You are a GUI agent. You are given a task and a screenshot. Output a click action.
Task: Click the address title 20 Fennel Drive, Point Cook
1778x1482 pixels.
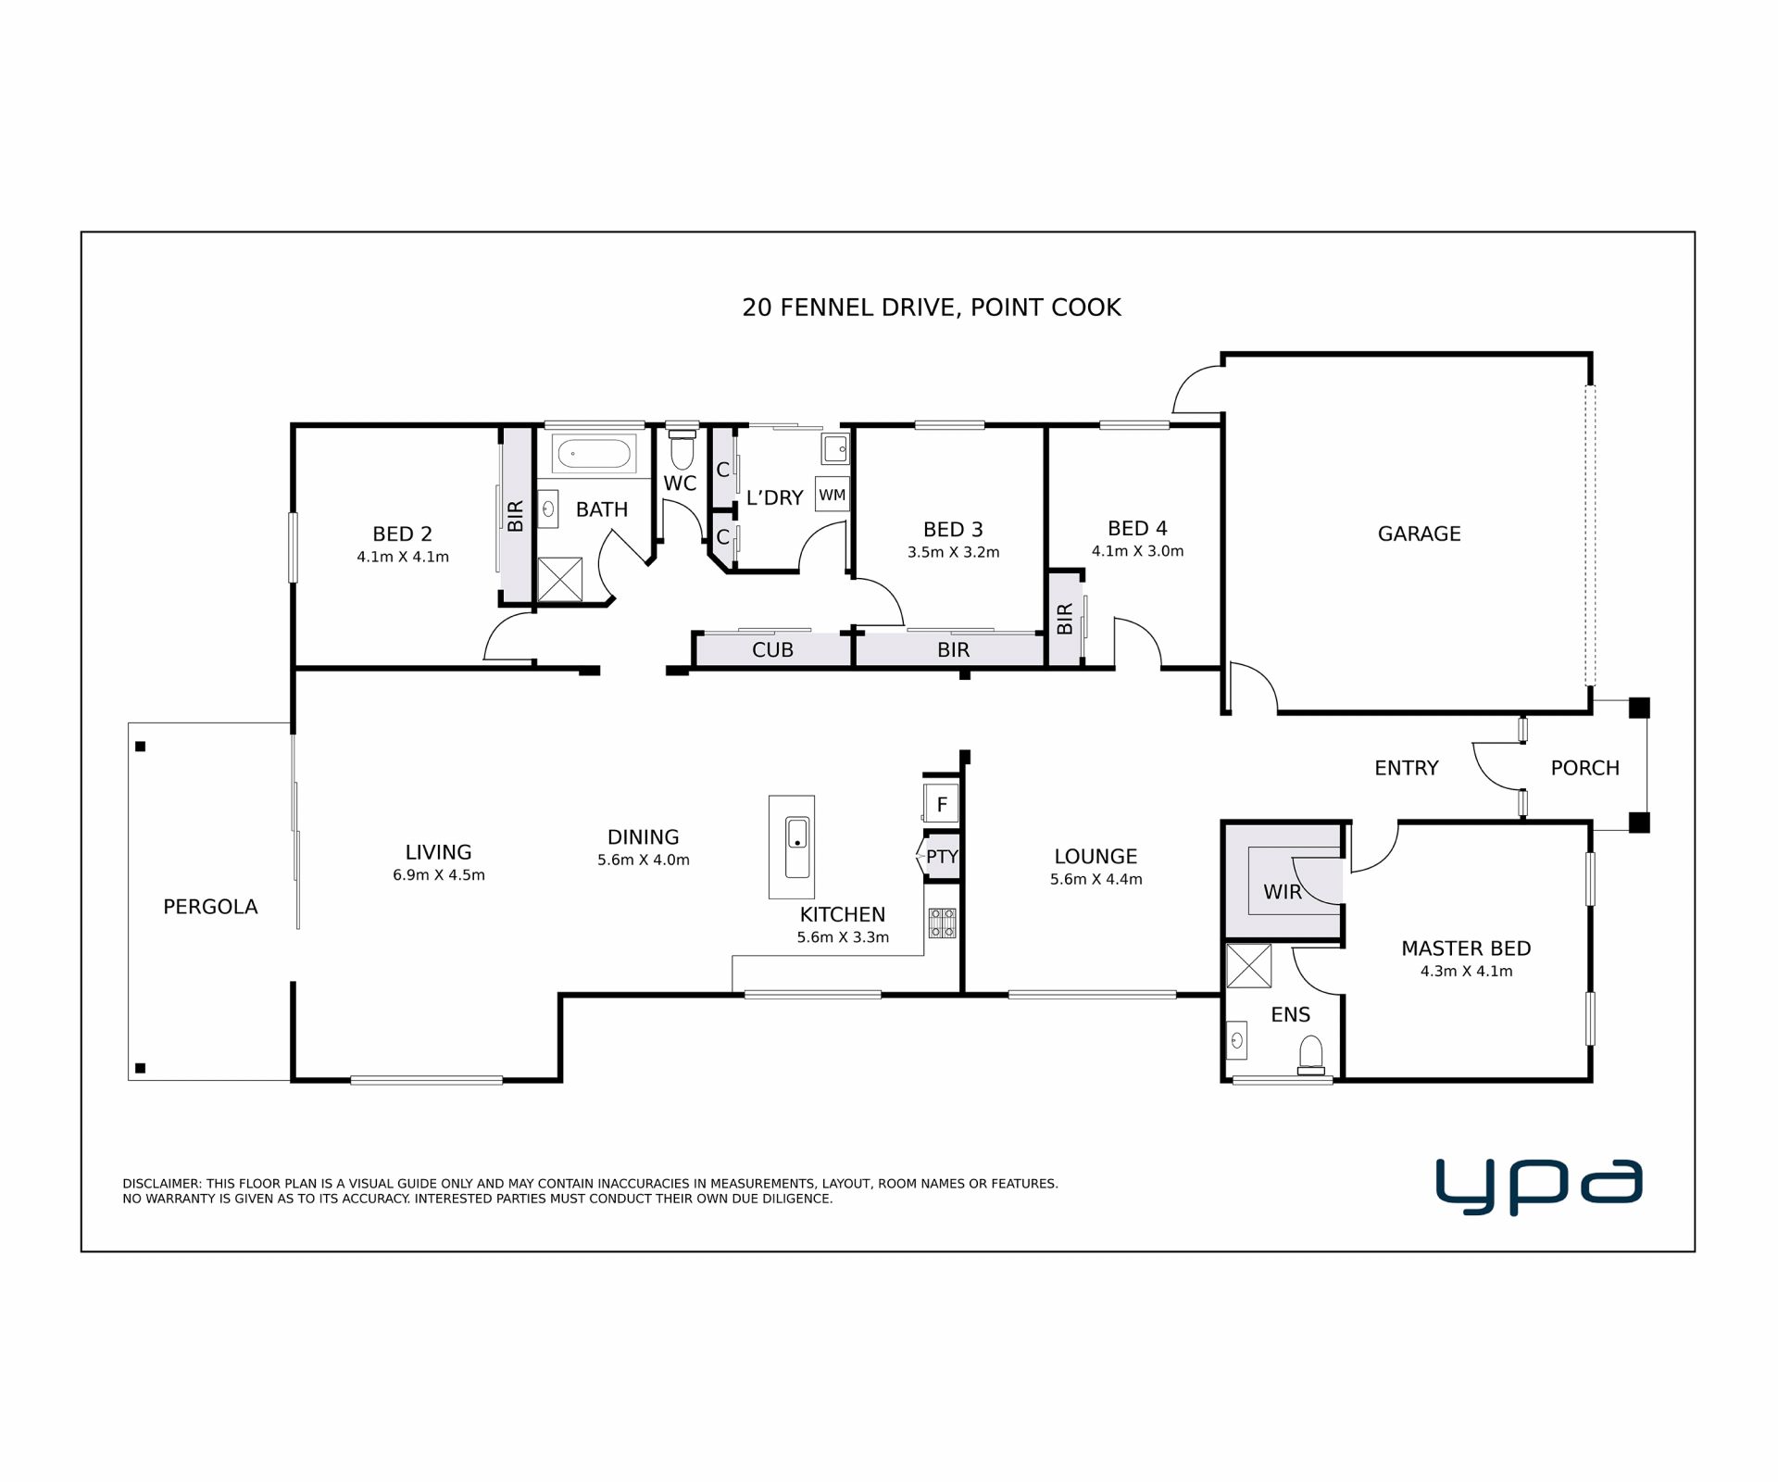click(x=932, y=308)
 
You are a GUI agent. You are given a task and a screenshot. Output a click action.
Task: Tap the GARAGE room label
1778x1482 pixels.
click(x=1419, y=534)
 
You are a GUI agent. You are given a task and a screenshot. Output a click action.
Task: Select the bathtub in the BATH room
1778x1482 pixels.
click(x=594, y=455)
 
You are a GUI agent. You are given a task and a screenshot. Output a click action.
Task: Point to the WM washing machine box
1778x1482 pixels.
click(x=832, y=495)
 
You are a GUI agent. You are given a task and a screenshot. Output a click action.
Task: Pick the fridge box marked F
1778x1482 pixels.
click(x=942, y=804)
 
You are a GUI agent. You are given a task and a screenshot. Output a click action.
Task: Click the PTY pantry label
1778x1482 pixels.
click(x=942, y=857)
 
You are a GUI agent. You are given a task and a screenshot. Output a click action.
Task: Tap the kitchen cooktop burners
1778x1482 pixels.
click(x=943, y=923)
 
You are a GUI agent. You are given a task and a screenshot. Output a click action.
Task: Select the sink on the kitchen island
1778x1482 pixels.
click(x=797, y=847)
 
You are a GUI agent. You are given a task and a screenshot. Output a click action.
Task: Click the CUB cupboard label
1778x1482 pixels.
click(x=772, y=650)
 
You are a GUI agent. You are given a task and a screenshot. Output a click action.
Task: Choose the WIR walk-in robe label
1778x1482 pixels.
click(x=1283, y=892)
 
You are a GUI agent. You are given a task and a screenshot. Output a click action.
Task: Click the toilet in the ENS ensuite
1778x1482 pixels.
click(x=1311, y=1055)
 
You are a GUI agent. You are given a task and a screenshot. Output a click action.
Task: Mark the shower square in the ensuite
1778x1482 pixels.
click(x=1248, y=965)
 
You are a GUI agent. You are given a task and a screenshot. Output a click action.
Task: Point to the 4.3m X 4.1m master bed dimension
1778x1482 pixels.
click(x=1466, y=971)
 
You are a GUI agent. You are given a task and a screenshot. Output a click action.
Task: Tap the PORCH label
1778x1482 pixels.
click(x=1584, y=768)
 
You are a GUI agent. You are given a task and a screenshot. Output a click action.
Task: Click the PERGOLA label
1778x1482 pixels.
click(x=210, y=907)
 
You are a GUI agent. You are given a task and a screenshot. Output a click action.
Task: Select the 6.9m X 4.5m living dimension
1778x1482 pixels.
click(x=439, y=874)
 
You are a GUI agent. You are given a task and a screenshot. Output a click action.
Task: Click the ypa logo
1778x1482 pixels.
click(x=1538, y=1186)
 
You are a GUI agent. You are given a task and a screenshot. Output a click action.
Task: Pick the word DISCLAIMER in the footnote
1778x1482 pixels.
click(x=162, y=1184)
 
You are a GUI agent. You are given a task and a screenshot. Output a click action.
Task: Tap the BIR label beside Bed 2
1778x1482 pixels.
click(x=516, y=516)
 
